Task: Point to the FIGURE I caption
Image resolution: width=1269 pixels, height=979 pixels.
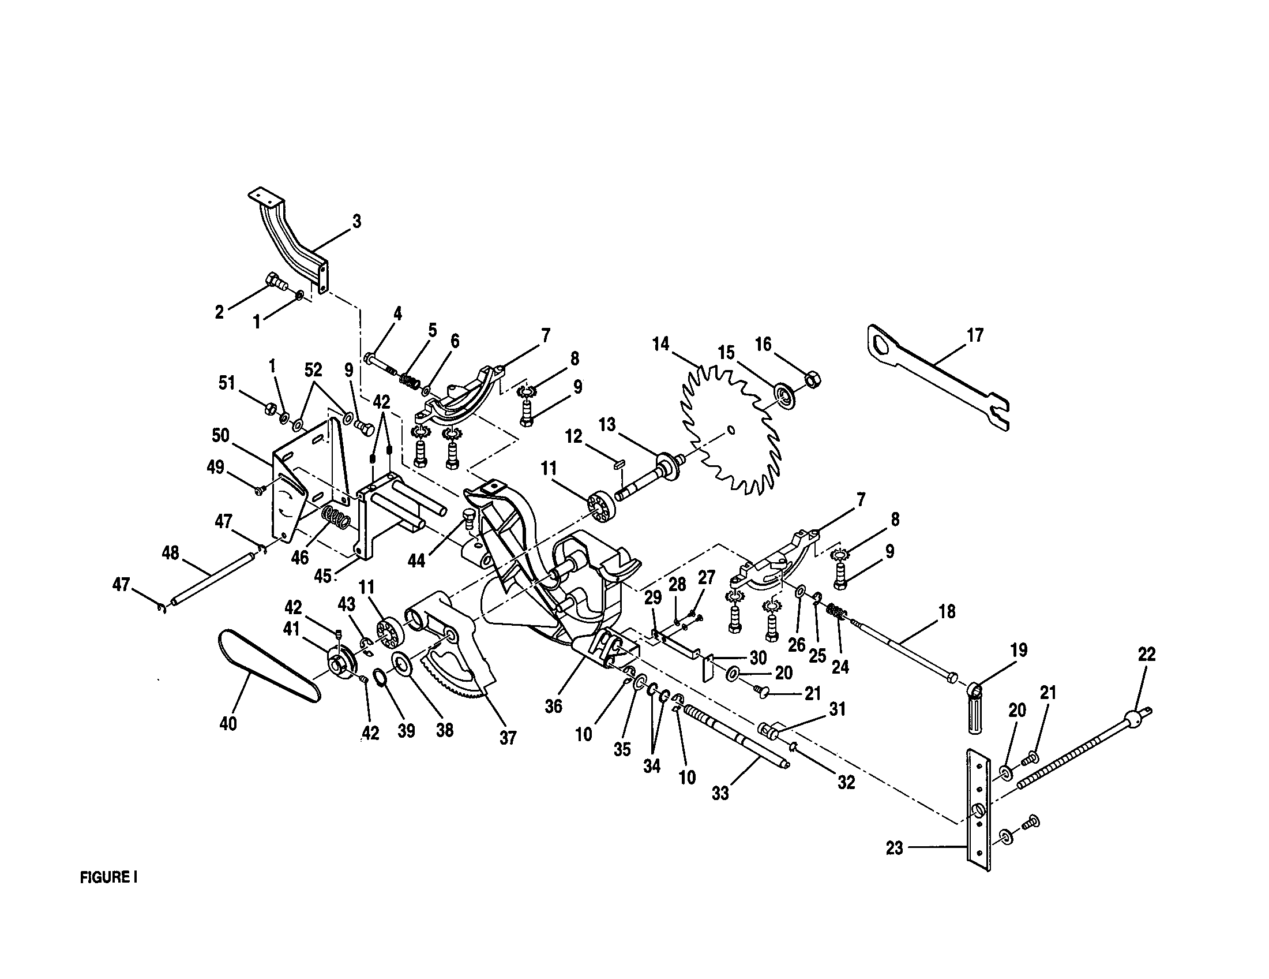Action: tap(108, 877)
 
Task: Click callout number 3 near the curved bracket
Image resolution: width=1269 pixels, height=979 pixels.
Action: tap(356, 222)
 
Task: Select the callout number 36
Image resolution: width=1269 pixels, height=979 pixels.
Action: tap(553, 706)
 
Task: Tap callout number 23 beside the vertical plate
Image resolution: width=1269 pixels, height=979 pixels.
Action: tap(895, 848)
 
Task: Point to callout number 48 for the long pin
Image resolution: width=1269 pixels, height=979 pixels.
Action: tap(170, 553)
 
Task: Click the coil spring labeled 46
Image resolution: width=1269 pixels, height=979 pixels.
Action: tap(336, 517)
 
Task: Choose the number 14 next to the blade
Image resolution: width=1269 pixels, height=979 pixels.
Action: tap(660, 344)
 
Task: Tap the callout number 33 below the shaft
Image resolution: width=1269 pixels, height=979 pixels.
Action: tap(720, 793)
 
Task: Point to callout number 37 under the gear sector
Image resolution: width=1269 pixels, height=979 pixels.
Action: tap(507, 738)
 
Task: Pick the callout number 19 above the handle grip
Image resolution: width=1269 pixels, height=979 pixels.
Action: tap(1019, 649)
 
